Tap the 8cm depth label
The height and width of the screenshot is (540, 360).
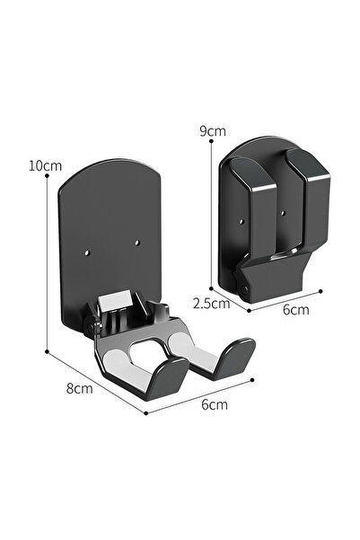pyautogui.click(x=80, y=388)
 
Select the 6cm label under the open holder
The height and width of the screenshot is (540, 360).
pyautogui.click(x=213, y=405)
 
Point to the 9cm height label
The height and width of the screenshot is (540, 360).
pyautogui.click(x=212, y=130)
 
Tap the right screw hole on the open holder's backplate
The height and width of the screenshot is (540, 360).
pyautogui.click(x=136, y=241)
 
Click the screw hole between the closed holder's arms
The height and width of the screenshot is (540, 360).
pyautogui.click(x=281, y=214)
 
